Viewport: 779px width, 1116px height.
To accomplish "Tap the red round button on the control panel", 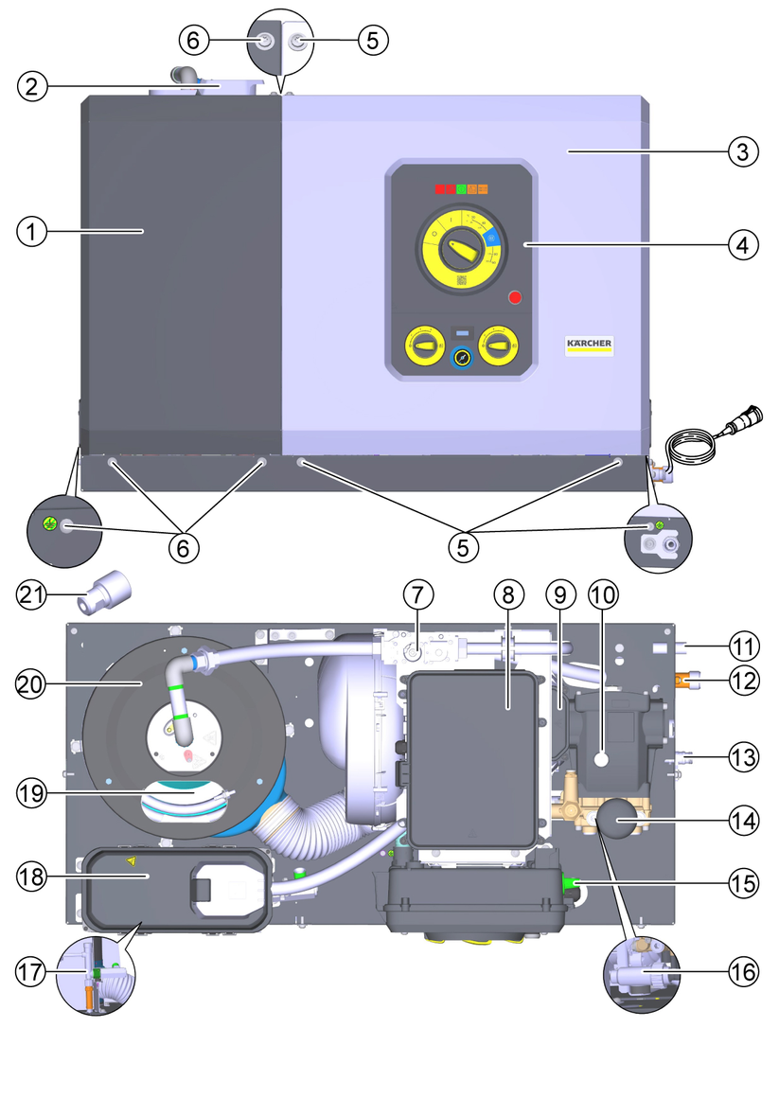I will pyautogui.click(x=515, y=297).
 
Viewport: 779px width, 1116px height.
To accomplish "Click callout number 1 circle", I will pyautogui.click(x=32, y=231).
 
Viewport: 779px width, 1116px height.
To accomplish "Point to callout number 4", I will pyautogui.click(x=744, y=244).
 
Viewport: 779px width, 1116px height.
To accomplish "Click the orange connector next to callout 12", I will pyautogui.click(x=686, y=678).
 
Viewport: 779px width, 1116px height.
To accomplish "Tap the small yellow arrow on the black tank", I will pyautogui.click(x=132, y=861).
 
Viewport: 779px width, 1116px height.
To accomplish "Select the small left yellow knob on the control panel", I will pyautogui.click(x=423, y=346).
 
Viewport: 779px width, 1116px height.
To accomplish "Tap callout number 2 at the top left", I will pyautogui.click(x=32, y=86).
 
